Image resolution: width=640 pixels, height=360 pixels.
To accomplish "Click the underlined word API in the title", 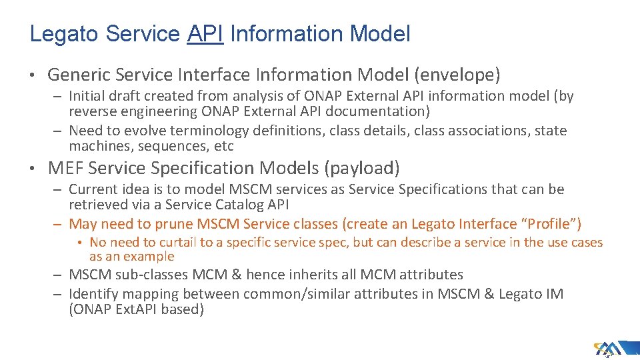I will tap(205, 33).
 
